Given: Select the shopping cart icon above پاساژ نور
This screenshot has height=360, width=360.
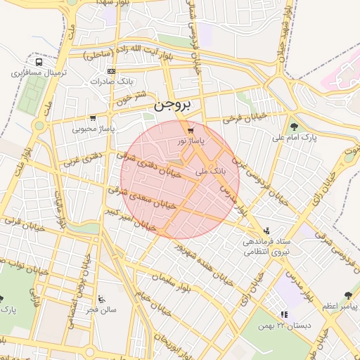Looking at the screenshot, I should tap(191, 131).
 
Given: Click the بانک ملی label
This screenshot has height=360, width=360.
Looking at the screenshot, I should tap(210, 170).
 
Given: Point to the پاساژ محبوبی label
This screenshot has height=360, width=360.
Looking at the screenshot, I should tap(93, 129).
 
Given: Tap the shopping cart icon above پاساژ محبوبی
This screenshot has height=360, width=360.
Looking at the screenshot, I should tap(93, 118).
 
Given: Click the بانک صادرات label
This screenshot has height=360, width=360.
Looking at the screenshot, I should tap(111, 82).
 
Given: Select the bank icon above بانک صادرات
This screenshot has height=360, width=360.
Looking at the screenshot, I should tap(111, 71).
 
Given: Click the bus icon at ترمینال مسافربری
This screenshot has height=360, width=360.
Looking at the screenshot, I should tap(38, 62).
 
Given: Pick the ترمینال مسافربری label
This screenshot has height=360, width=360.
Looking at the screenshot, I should tap(39, 72).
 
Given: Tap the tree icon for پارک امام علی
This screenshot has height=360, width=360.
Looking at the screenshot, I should tap(294, 126).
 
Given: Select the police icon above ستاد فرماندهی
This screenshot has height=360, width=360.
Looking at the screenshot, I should tap(266, 230).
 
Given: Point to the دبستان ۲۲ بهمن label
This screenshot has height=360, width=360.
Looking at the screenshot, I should tap(284, 325).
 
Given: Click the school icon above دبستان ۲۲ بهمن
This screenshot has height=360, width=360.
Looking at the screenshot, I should tap(284, 314).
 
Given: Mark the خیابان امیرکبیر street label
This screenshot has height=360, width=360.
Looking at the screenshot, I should tap(128, 219).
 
